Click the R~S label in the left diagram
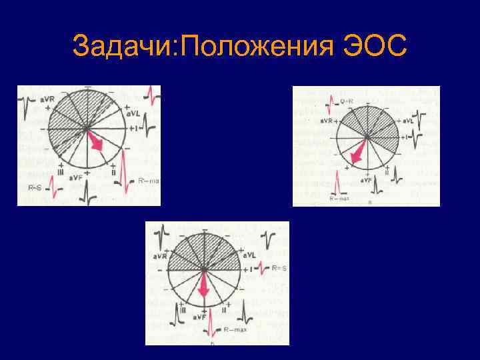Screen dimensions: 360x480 click(x=35, y=189)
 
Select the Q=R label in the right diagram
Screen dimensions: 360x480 click(x=347, y=101)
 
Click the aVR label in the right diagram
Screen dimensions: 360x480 click(x=325, y=121)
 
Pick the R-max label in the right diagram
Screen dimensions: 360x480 click(x=339, y=198)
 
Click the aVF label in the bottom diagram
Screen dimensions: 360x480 click(x=200, y=317)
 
